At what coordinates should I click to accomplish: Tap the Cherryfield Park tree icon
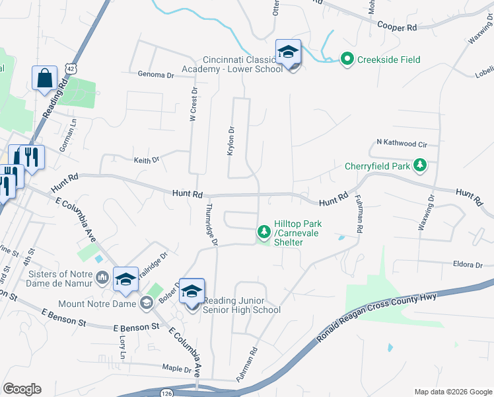(419, 164)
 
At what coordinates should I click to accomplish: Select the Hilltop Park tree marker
(264, 232)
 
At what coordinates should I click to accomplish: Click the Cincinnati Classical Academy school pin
(288, 52)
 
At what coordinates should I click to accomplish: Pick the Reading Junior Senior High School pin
(192, 291)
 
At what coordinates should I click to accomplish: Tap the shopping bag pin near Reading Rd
(44, 77)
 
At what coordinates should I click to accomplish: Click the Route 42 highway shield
(71, 69)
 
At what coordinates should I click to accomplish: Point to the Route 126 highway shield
(166, 392)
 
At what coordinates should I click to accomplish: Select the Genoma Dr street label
(156, 75)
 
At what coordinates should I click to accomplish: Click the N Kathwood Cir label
(402, 143)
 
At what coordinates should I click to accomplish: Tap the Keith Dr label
(147, 159)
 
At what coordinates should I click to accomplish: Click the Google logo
(22, 389)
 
